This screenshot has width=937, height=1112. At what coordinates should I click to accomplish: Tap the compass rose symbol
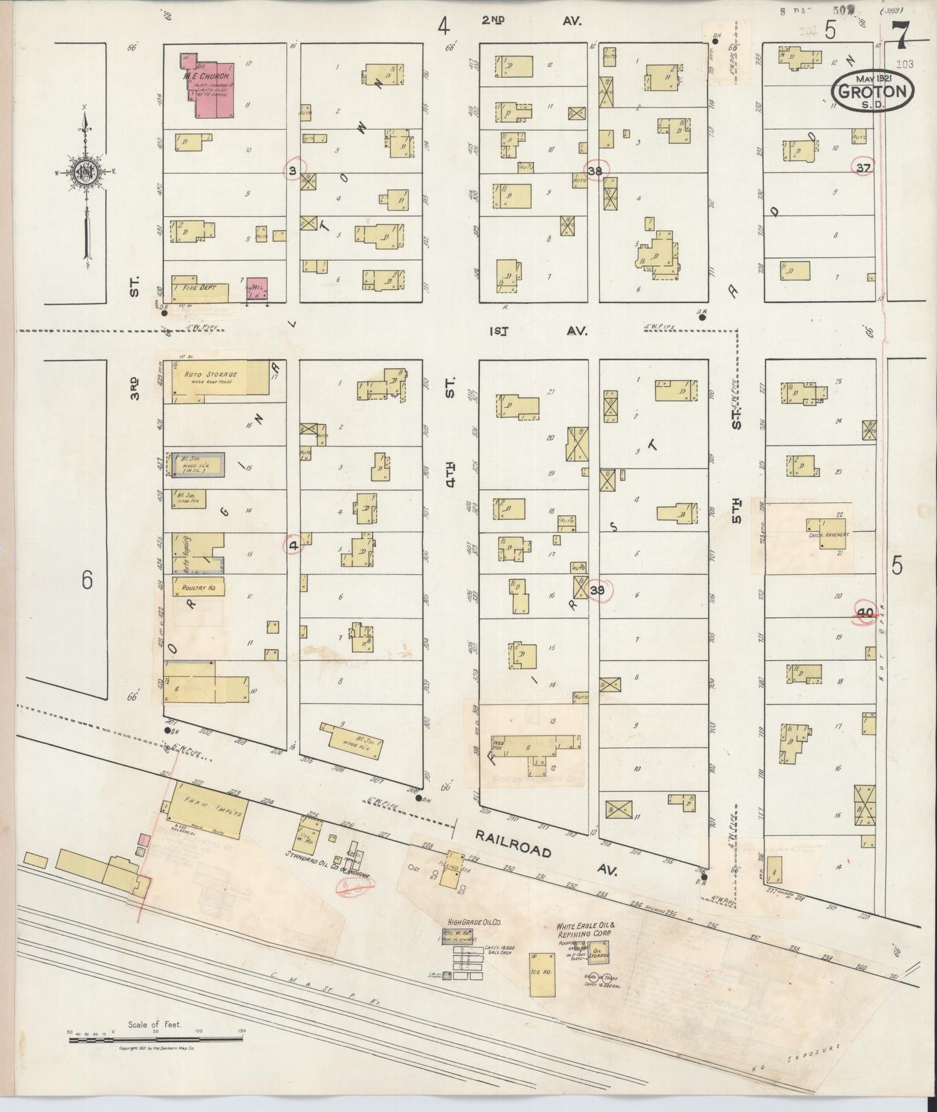pos(85,172)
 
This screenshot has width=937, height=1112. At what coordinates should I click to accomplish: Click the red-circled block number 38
pos(596,170)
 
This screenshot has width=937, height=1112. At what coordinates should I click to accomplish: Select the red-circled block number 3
pos(294,171)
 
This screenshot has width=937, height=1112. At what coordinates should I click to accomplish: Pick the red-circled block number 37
pos(862,167)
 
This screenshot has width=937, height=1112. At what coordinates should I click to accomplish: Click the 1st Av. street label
pos(538,330)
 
